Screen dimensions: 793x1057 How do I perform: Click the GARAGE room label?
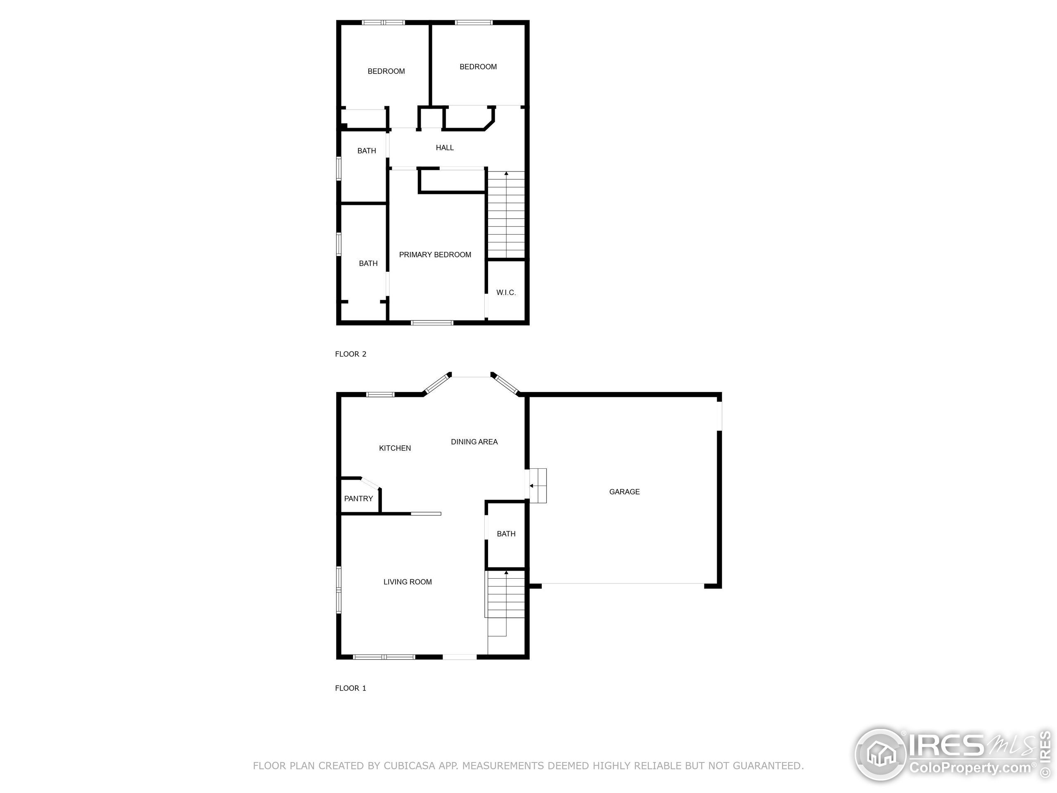click(624, 491)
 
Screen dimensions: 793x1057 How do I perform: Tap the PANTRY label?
click(358, 499)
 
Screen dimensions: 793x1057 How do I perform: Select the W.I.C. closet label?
click(506, 292)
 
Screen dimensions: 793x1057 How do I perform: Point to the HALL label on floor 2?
click(444, 148)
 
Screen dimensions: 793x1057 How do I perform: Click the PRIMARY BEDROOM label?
click(435, 255)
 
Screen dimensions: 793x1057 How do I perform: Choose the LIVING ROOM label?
click(408, 582)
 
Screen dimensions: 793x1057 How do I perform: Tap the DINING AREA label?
click(474, 442)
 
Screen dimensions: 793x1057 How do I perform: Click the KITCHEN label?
click(395, 448)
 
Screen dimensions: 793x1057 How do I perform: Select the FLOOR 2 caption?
click(350, 354)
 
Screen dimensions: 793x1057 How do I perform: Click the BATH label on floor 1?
click(506, 534)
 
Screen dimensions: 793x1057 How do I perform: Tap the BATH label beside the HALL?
click(367, 151)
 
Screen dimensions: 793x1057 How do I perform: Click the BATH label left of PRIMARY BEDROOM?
click(368, 264)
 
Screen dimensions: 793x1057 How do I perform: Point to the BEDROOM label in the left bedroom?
click(386, 71)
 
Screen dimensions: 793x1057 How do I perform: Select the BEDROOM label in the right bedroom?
click(478, 67)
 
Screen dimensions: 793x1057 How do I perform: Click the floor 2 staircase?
click(506, 215)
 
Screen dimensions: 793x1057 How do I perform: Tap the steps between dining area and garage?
click(538, 486)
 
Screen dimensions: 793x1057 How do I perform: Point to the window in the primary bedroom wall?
click(432, 323)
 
